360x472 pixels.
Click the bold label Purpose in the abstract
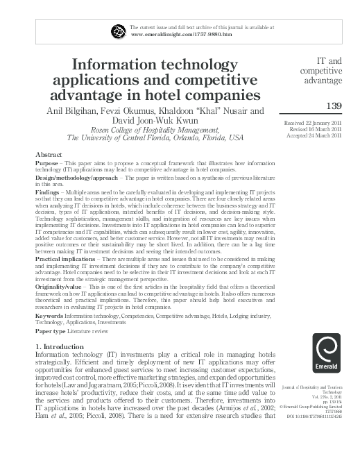coord(46,164)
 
